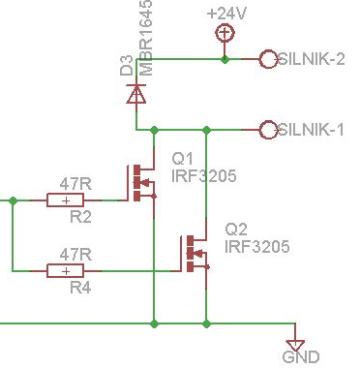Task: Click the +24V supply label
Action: click(x=226, y=15)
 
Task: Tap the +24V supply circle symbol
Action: click(x=225, y=34)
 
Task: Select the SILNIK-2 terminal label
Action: click(x=311, y=59)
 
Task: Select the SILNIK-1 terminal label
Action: click(x=311, y=130)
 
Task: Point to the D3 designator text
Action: click(x=127, y=65)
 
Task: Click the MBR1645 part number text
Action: click(x=147, y=38)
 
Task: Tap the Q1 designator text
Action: click(x=183, y=159)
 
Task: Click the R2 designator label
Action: click(x=80, y=218)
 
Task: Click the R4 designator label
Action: click(x=80, y=289)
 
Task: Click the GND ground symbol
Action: click(x=296, y=344)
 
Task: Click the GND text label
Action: click(x=300, y=357)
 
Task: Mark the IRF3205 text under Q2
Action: click(x=256, y=247)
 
